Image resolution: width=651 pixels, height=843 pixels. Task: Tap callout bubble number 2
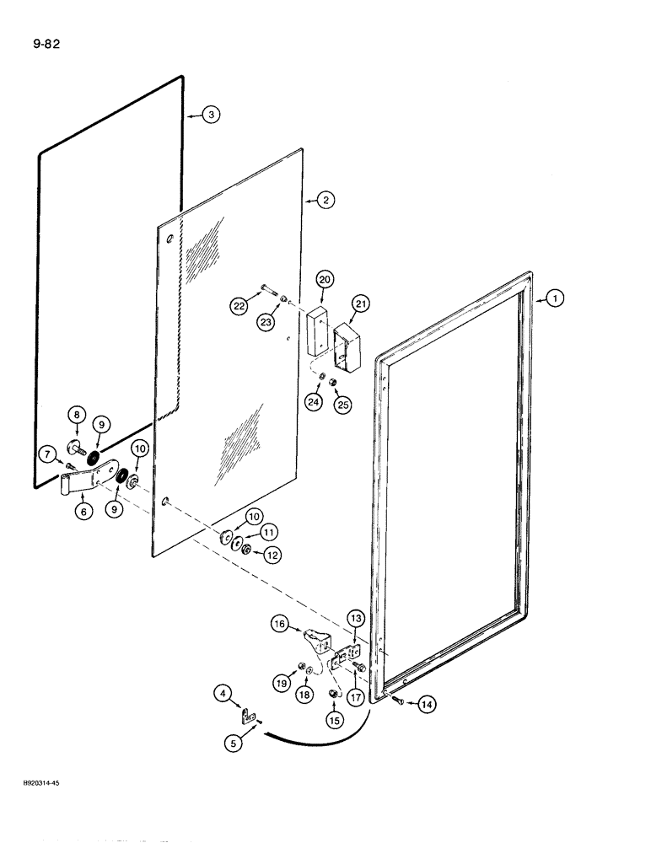pos(325,201)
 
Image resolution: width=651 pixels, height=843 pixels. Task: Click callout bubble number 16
pos(281,624)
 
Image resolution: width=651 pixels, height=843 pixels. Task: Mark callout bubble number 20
pos(325,279)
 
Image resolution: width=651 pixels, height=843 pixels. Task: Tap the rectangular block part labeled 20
pos(318,331)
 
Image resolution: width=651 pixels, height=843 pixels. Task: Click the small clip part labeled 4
pos(247,717)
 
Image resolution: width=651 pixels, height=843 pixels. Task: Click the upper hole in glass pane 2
pos(171,242)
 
